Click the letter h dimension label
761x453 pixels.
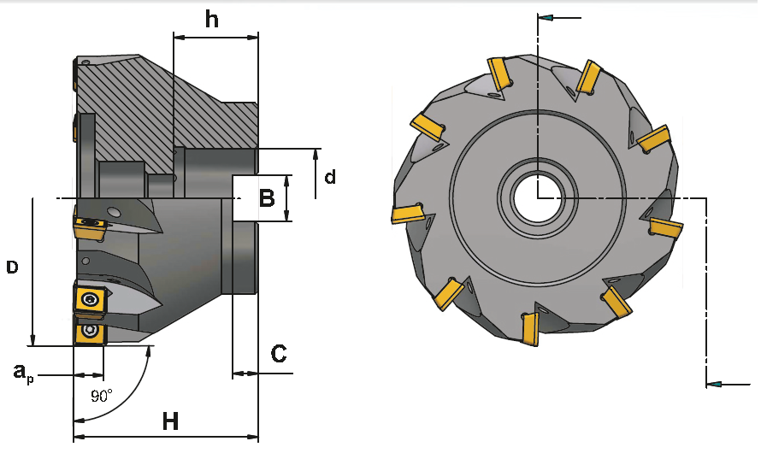(212, 20)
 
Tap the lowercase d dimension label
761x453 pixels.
(329, 177)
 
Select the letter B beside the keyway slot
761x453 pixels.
(267, 199)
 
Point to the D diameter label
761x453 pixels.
(12, 268)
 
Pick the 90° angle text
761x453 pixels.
(101, 397)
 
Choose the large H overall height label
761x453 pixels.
(170, 421)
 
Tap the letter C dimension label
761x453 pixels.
(278, 354)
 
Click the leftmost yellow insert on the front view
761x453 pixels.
(408, 213)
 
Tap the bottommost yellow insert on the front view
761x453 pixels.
(529, 330)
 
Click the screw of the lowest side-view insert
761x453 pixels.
(89, 332)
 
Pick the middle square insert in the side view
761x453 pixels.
(89, 300)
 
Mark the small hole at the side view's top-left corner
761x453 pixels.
(85, 62)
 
